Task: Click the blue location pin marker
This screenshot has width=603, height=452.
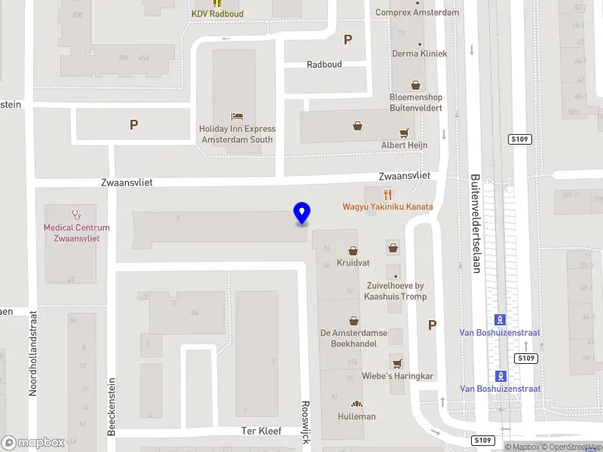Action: coord(301,213)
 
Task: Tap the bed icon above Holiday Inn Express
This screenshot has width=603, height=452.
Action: coord(237,116)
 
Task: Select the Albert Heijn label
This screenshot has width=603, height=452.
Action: coord(404,145)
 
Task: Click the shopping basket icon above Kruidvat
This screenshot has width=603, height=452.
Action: coord(353,251)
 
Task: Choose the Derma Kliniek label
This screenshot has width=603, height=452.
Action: coord(419,53)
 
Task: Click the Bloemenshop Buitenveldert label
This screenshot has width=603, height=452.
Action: coord(415,102)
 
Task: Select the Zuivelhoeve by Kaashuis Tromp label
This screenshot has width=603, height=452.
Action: coord(395,291)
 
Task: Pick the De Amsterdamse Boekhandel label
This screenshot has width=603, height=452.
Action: coord(353,338)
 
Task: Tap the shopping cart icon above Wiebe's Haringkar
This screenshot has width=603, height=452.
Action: coord(396,363)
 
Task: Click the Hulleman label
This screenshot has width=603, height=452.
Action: coord(357,417)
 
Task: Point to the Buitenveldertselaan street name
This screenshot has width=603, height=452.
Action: coord(475,224)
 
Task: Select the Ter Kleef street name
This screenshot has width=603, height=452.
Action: coord(260,431)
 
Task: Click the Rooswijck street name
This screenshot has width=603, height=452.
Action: coord(305,422)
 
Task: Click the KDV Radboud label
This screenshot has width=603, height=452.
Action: coord(217,14)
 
